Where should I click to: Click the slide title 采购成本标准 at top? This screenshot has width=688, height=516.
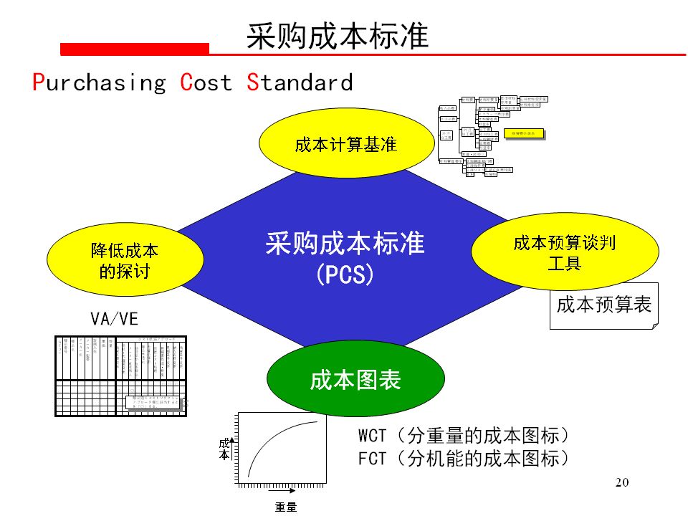[x=338, y=35]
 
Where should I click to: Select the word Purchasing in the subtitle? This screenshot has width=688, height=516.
[x=99, y=82]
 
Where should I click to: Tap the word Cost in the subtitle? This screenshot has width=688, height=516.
[x=206, y=82]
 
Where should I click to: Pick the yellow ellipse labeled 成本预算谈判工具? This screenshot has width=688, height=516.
[x=565, y=252]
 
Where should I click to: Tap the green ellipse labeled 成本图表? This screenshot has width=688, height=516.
[x=355, y=381]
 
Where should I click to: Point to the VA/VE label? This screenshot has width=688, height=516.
[x=114, y=319]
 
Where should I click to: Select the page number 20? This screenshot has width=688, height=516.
[x=621, y=482]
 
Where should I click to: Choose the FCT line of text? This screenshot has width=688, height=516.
[x=464, y=459]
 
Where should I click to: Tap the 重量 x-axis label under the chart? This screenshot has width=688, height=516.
[x=285, y=507]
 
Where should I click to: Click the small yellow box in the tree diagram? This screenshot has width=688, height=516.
[x=523, y=133]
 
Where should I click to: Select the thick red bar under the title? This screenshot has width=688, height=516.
[x=135, y=49]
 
